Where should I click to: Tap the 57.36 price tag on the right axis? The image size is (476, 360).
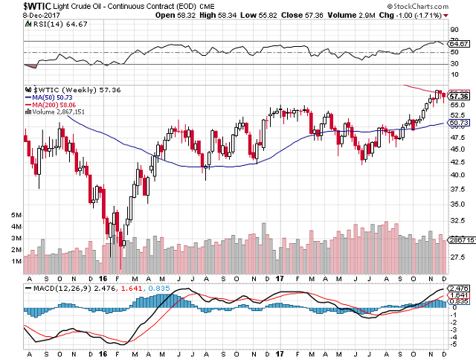pyautogui.click(x=459, y=97)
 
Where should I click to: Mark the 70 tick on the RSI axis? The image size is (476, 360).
pyautogui.click(x=454, y=39)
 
